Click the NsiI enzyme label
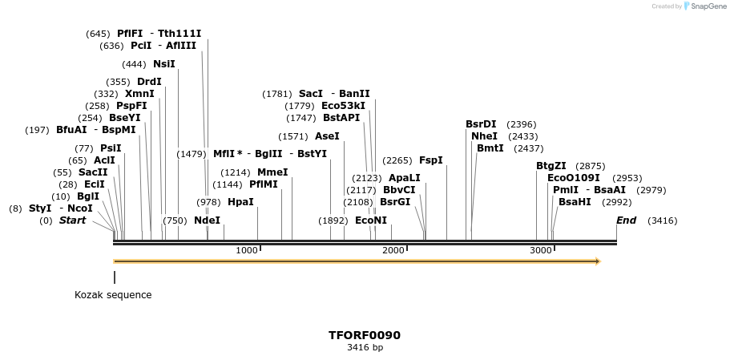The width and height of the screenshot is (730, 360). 164,64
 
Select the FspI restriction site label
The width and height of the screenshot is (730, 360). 430,160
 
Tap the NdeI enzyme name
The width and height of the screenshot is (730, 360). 207,220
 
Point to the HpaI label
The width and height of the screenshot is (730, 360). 240,202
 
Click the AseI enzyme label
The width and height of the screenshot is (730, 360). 327,136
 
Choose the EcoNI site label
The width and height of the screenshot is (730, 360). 371,220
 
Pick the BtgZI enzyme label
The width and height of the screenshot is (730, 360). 551,166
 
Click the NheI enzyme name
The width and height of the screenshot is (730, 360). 484,136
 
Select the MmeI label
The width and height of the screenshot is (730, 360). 272,172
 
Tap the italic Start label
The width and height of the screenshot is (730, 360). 72,220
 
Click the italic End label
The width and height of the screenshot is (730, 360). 626,220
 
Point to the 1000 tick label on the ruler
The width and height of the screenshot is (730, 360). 247,251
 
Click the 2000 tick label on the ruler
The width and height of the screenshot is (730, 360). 393,251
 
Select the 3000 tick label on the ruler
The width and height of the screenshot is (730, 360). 541,251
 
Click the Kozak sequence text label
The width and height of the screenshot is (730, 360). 113,295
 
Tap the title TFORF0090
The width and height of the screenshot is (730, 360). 365,335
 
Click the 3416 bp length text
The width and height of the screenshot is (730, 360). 365,348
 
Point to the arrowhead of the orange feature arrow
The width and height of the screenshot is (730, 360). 597,261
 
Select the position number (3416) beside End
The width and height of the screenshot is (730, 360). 662,220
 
